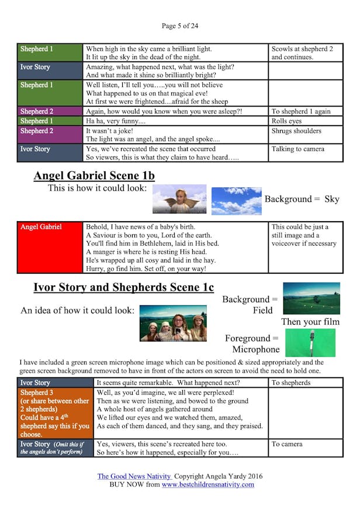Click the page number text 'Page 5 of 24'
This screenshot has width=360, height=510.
pyautogui.click(x=180, y=26)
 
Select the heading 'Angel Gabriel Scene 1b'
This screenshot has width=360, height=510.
pyautogui.click(x=94, y=175)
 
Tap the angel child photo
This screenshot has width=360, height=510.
pyautogui.click(x=179, y=199)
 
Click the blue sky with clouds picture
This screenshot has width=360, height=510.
pyautogui.click(x=237, y=201)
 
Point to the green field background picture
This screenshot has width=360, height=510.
pyautogui.click(x=311, y=298)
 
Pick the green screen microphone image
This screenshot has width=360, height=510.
pyautogui.click(x=311, y=343)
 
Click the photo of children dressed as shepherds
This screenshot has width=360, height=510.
pyautogui.click(x=173, y=323)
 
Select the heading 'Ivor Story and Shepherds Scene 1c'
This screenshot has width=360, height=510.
pyautogui.click(x=123, y=287)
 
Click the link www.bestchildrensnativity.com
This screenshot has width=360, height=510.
pyautogui.click(x=207, y=484)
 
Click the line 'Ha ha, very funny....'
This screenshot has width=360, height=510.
pyautogui.click(x=116, y=121)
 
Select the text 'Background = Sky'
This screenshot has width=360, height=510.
pyautogui.click(x=302, y=199)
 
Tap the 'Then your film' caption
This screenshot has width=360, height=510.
pyautogui.click(x=310, y=322)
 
